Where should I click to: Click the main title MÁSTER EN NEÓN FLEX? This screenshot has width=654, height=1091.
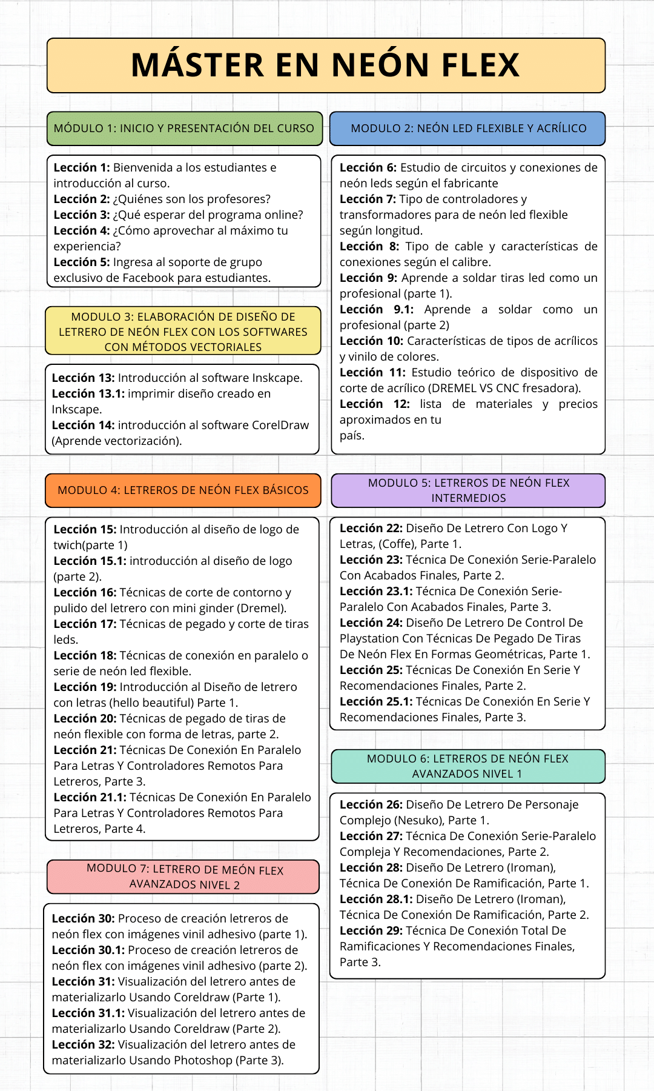click(x=326, y=65)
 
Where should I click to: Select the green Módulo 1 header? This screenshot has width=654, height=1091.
click(x=184, y=128)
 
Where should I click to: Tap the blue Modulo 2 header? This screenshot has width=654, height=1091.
click(x=468, y=128)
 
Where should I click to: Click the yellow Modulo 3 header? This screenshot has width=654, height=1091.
click(x=183, y=331)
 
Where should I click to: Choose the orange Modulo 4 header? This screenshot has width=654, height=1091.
click(x=183, y=490)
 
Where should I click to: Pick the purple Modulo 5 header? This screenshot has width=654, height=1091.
click(x=468, y=490)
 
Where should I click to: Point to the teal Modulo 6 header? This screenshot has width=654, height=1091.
click(x=468, y=766)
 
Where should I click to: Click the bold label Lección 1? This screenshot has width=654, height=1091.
click(x=82, y=167)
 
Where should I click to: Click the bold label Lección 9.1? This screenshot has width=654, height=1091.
click(x=377, y=310)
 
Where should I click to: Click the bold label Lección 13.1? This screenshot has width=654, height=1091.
click(x=88, y=394)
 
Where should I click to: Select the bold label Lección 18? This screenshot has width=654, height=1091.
click(x=85, y=656)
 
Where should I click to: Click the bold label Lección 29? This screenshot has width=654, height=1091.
click(x=371, y=931)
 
